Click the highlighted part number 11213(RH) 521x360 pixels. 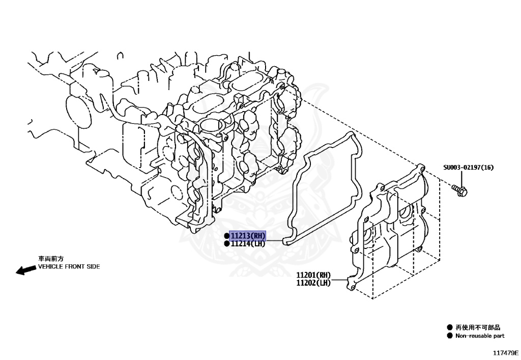tap(248, 236)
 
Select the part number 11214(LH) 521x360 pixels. tap(248, 244)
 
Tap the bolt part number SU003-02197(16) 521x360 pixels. tap(468, 168)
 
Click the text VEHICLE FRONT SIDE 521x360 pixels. tap(69, 266)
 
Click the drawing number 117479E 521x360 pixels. tap(505, 352)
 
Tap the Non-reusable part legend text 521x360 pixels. tap(480, 336)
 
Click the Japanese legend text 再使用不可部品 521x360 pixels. tap(478, 327)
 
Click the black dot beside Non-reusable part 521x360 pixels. tap(449, 336)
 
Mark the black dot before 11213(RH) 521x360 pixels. tap(226, 236)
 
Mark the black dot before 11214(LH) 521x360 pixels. tap(226, 244)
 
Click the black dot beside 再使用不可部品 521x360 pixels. tap(449, 327)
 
